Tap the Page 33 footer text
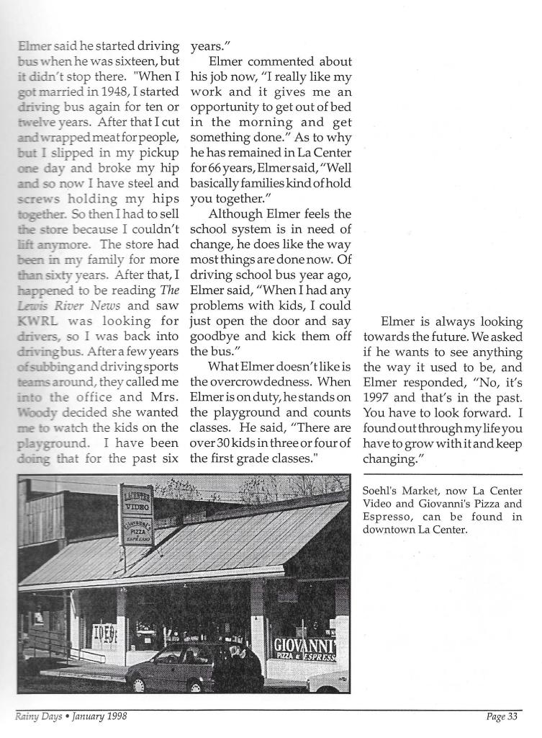(x=502, y=716)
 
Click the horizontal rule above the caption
(x=442, y=474)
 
